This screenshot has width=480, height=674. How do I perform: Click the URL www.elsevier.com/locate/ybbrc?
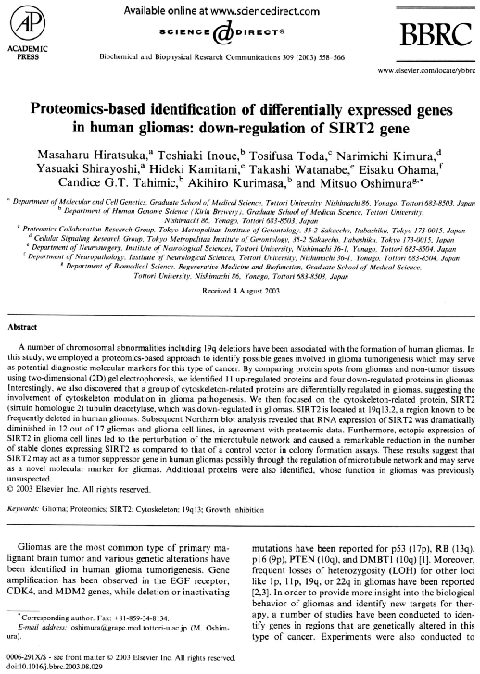(x=426, y=70)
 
